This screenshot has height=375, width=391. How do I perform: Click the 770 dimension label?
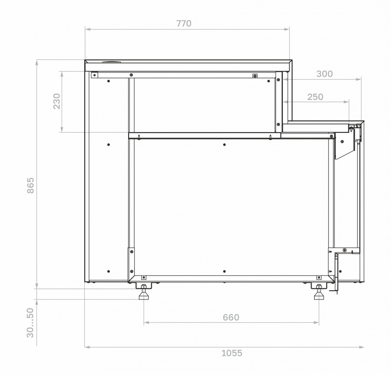[184, 23]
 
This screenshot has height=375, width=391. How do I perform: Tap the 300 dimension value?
[325, 74]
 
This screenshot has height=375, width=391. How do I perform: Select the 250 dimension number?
[315, 97]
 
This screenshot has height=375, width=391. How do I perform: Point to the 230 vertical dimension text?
[57, 101]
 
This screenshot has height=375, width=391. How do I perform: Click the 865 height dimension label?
[30, 185]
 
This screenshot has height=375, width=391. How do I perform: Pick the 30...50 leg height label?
[30, 323]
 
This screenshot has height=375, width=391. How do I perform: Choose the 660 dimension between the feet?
[231, 317]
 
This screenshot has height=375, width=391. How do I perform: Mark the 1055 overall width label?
[232, 353]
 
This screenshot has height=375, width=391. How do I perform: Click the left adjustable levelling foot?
[144, 293]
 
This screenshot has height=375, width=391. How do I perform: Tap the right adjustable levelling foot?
[319, 293]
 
